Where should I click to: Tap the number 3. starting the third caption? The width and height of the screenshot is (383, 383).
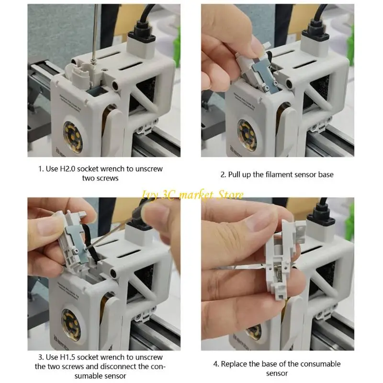[x=41, y=357]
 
